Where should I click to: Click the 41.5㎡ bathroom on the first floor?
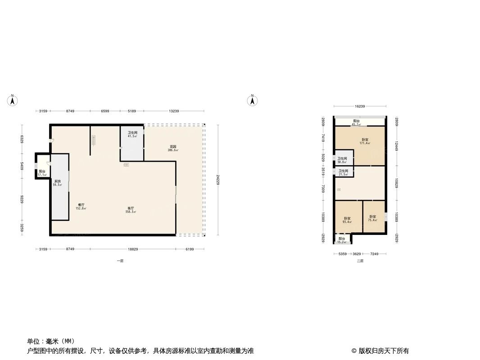[x=132, y=134]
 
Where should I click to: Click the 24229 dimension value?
[x=218, y=180]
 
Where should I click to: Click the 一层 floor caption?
[x=120, y=261]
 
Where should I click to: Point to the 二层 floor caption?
[x=360, y=261]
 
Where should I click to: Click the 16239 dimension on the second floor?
[x=360, y=107]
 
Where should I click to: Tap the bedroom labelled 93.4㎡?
[x=347, y=220]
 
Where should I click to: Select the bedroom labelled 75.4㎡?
[x=372, y=218]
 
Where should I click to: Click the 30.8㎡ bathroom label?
[x=342, y=160]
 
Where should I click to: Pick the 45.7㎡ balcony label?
[x=356, y=122]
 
